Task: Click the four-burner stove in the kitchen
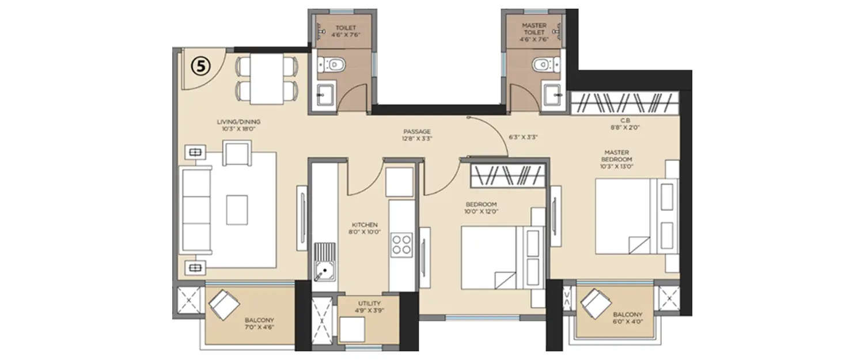[x=401, y=244]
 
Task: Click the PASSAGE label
[x=417, y=135]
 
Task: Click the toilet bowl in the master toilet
[x=541, y=64]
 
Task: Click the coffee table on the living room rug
[x=237, y=210]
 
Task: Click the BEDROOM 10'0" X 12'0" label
[x=481, y=208]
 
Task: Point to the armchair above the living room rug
[x=237, y=153]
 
